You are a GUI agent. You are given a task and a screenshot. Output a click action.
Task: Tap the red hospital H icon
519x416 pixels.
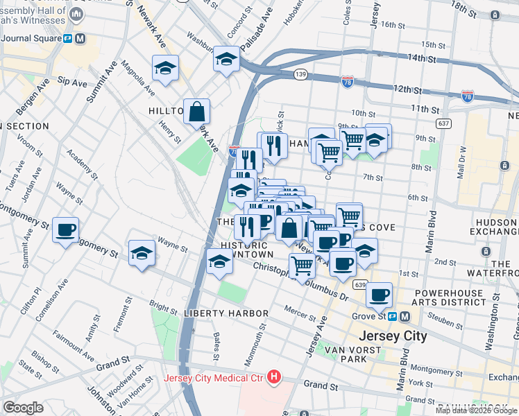coord(275,378)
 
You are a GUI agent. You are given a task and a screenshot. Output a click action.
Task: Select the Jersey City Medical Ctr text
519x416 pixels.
coord(215,378)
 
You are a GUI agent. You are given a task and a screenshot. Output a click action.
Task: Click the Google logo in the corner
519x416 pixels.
coord(24,408)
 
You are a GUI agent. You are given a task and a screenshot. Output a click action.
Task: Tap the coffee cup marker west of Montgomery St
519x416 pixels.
coord(66,230)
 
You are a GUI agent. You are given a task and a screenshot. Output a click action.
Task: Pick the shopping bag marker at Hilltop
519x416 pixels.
coord(197,111)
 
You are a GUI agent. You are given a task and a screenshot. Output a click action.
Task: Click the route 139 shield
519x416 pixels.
coord(300,74)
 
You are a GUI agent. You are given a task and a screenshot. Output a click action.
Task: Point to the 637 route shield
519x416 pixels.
coord(445,123)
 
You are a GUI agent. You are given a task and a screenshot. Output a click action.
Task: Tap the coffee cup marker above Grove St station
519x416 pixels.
coord(379,295)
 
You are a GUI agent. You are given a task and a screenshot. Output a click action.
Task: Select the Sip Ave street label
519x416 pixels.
coord(72,82)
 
